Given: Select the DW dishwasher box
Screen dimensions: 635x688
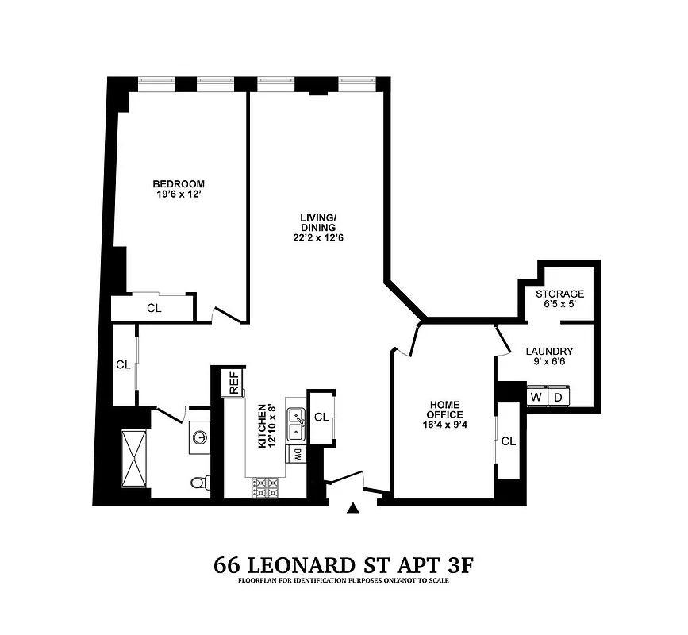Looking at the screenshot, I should click(297, 455).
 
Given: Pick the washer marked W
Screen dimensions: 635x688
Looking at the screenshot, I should click(536, 396).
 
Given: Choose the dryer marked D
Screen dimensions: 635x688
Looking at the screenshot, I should click(558, 396).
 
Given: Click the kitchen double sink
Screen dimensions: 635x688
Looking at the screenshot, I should click(296, 423).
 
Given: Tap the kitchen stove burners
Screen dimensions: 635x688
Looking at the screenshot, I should click(265, 488).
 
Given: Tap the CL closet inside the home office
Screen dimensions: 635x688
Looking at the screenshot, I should click(508, 441).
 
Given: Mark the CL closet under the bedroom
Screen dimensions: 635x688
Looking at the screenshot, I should click(154, 309).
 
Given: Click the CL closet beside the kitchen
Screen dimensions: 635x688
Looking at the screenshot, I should click(321, 417).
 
